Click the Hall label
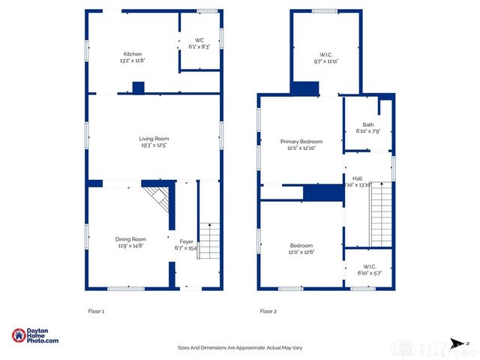pyautogui.click(x=358, y=178)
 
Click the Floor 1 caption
pyautogui.click(x=96, y=310)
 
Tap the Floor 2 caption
pyautogui.click(x=268, y=310)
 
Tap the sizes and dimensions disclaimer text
pyautogui.click(x=240, y=348)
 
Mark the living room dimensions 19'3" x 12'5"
pyautogui.click(x=154, y=145)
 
